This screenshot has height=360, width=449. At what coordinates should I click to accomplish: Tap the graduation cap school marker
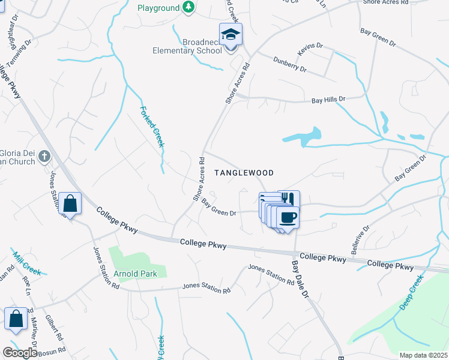(x=231, y=34)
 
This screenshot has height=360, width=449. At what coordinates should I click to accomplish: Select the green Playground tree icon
(x=188, y=8)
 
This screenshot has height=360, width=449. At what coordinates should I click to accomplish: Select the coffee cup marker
(x=288, y=217)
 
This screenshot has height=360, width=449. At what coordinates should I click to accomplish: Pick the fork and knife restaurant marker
(x=288, y=199)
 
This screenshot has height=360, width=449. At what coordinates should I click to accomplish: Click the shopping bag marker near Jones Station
(x=70, y=203)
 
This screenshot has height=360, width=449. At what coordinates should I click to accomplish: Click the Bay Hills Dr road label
(x=328, y=100)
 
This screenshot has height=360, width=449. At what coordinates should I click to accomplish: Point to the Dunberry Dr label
(x=290, y=64)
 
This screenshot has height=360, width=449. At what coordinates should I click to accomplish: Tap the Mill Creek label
(x=27, y=263)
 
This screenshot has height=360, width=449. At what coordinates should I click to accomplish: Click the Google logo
(x=20, y=353)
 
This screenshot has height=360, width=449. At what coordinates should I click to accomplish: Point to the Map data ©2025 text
(x=424, y=355)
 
